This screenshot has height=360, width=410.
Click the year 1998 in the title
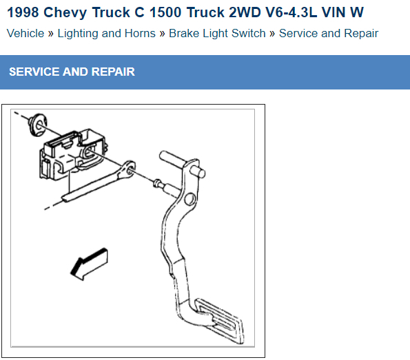[23, 12]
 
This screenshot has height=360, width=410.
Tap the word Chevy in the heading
[65, 13]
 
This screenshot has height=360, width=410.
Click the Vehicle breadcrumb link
[25, 34]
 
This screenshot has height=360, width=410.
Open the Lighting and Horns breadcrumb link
[106, 34]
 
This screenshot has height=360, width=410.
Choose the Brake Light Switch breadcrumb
[217, 34]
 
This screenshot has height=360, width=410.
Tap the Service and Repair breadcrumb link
[329, 34]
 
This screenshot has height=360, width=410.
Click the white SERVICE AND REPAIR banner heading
[72, 72]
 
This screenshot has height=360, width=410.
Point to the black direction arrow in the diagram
[89, 264]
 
